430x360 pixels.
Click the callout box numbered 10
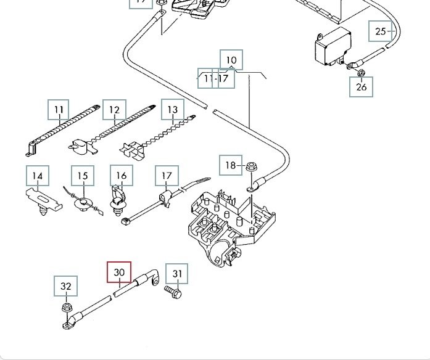click(x=231, y=60)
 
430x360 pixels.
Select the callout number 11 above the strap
click(x=59, y=110)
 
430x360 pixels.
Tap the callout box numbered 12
click(x=114, y=110)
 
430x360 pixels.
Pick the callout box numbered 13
click(x=172, y=110)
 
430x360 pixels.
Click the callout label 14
click(x=37, y=176)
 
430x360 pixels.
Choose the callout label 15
click(x=83, y=176)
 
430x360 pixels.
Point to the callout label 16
click(x=121, y=176)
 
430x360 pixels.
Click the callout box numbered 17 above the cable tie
click(x=167, y=176)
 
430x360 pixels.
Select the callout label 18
click(x=231, y=165)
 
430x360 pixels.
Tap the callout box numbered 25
click(x=380, y=31)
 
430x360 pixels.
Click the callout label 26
click(x=362, y=87)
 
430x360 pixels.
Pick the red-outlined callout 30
click(x=119, y=272)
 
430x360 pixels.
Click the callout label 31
click(x=177, y=274)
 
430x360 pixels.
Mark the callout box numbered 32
click(x=66, y=287)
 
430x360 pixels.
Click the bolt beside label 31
click(x=172, y=292)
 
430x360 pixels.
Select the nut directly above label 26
click(x=360, y=74)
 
